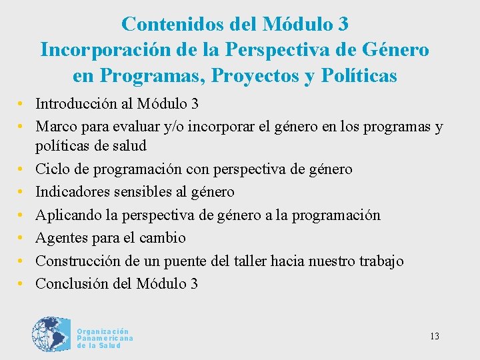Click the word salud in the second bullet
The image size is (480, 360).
pyautogui.click(x=128, y=145)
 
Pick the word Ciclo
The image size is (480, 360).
pyautogui.click(x=51, y=169)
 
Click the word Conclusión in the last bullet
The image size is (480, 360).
pyautogui.click(x=72, y=283)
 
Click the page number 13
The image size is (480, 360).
pyautogui.click(x=434, y=336)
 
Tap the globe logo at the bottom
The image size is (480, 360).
pyautogui.click(x=51, y=336)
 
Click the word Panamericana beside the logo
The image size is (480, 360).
pyautogui.click(x=105, y=339)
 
